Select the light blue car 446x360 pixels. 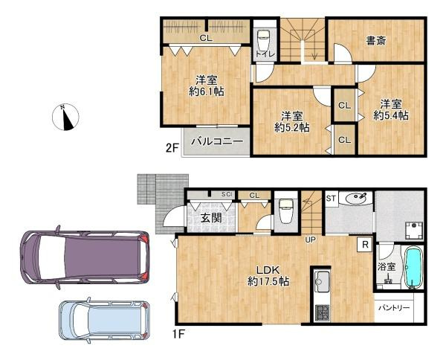coord(104,321)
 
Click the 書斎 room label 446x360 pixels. coord(375,42)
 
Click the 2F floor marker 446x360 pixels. coord(171,148)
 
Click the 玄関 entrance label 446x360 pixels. coord(211,217)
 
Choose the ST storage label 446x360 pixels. coord(332,198)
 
